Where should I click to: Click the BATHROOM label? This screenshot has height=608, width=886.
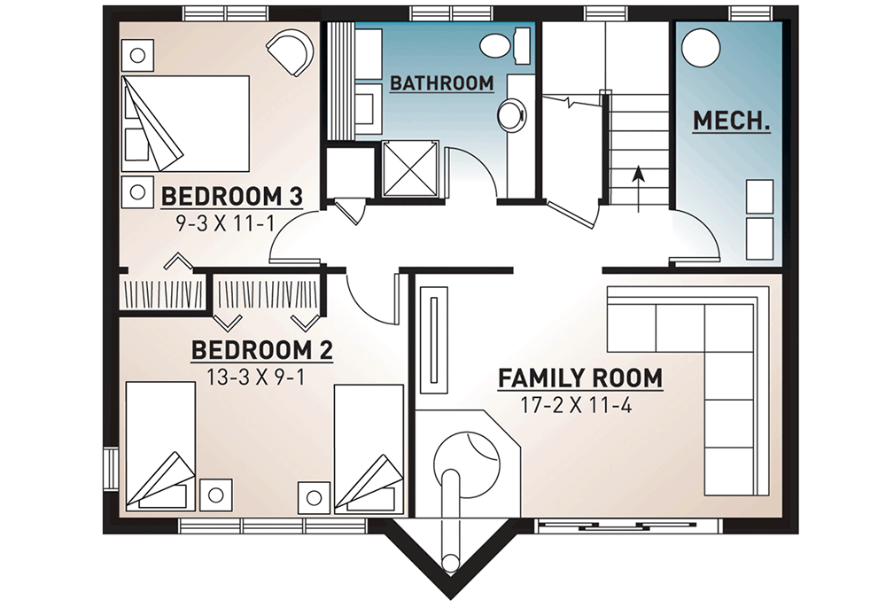pyautogui.click(x=442, y=83)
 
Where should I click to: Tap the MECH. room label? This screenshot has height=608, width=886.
pyautogui.click(x=732, y=121)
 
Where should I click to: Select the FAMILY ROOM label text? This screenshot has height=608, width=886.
pyautogui.click(x=580, y=378)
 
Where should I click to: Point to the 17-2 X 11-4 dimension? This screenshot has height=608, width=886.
pyautogui.click(x=576, y=405)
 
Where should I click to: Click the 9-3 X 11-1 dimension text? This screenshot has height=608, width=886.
pyautogui.click(x=225, y=223)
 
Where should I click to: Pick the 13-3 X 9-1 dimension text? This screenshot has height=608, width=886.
pyautogui.click(x=256, y=377)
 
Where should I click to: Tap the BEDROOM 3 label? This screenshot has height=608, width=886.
pyautogui.click(x=232, y=198)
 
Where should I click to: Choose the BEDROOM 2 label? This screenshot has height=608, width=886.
pyautogui.click(x=262, y=350)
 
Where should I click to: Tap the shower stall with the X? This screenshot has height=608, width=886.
pyautogui.click(x=410, y=169)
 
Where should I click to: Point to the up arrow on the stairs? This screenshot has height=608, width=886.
pyautogui.click(x=638, y=189)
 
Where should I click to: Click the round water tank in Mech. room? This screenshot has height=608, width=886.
pyautogui.click(x=701, y=48)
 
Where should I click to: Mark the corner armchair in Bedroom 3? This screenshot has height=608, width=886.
pyautogui.click(x=290, y=51)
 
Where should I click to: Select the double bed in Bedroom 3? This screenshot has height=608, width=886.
pyautogui.click(x=186, y=124)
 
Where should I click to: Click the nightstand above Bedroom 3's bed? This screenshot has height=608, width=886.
pyautogui.click(x=137, y=55)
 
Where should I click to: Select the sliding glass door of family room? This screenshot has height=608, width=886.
pyautogui.click(x=629, y=526)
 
